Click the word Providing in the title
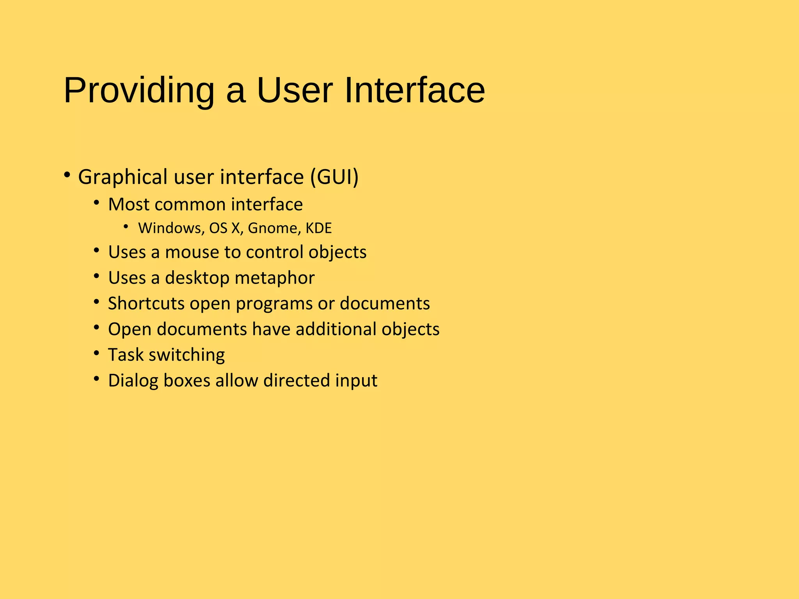(139, 90)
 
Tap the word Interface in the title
(414, 90)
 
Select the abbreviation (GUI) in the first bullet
(334, 177)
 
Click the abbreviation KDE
(318, 228)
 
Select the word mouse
(192, 252)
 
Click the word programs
(274, 304)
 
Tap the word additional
(336, 330)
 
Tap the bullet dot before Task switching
(97, 353)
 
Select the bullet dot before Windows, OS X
(126, 226)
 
